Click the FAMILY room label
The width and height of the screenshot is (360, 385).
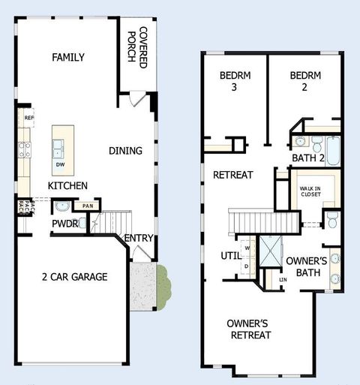[68, 58]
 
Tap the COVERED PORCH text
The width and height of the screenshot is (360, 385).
[137, 47]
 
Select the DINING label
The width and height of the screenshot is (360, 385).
[125, 151]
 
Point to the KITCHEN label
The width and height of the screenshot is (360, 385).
[67, 185]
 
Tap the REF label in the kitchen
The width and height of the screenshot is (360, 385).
[29, 118]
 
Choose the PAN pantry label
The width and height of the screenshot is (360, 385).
[88, 206]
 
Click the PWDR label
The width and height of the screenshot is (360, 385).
[64, 223]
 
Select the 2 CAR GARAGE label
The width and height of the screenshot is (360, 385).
[74, 277]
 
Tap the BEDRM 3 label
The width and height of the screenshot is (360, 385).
[234, 81]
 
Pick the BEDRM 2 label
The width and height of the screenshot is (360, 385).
[304, 81]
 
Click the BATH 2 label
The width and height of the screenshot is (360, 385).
[307, 158]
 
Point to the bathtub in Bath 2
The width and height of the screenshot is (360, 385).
[334, 149]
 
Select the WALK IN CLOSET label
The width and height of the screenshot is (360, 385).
[310, 191]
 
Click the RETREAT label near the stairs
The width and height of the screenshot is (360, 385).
[232, 175]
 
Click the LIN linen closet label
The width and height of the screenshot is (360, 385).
[283, 280]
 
